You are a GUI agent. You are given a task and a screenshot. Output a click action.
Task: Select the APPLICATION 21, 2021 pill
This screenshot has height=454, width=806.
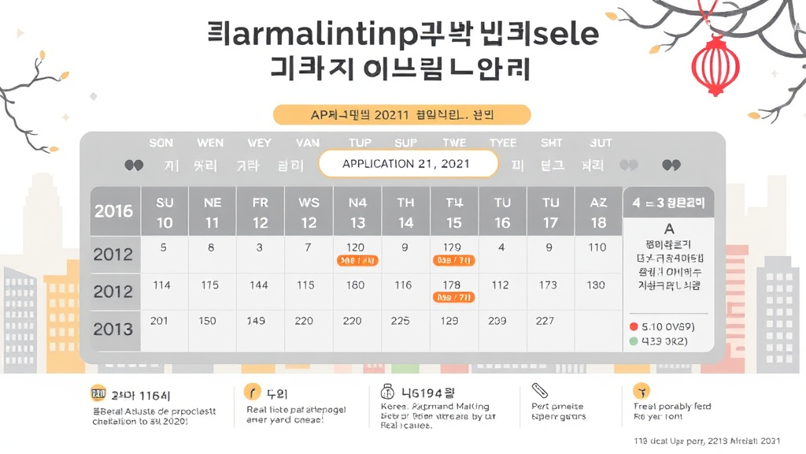pyautogui.click(x=408, y=164)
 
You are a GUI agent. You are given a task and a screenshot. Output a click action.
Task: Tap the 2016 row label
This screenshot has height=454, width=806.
pyautogui.click(x=114, y=211)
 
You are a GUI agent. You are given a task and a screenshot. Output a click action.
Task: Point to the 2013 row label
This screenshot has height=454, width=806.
pyautogui.click(x=114, y=329)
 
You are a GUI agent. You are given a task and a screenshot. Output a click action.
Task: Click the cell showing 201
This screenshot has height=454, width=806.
pyautogui.click(x=160, y=321)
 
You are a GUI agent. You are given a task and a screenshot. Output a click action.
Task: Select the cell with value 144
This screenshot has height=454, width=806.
pyautogui.click(x=259, y=285)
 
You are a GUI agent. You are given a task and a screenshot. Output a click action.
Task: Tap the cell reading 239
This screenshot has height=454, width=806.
pyautogui.click(x=497, y=321)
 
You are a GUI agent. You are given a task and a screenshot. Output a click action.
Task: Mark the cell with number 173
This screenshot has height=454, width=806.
pyautogui.click(x=548, y=285)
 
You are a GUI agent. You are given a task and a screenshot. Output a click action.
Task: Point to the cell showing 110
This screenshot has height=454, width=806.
pyautogui.click(x=597, y=247)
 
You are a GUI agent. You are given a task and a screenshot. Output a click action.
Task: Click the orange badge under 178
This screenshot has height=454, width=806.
pyautogui.click(x=453, y=297)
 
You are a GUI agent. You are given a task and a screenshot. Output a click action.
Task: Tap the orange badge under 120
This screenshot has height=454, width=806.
pyautogui.click(x=357, y=260)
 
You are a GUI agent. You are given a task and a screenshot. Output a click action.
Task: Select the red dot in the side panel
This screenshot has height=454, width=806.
pyautogui.click(x=633, y=326)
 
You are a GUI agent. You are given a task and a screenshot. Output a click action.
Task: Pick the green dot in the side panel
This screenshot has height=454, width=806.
pyautogui.click(x=633, y=342)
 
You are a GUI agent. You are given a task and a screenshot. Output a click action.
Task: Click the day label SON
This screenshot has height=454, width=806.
pyautogui.click(x=161, y=143)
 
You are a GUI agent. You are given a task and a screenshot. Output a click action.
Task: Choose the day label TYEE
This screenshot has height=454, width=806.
pyautogui.click(x=503, y=143)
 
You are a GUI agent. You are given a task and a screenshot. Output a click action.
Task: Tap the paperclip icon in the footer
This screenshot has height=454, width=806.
pyautogui.click(x=540, y=391)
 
